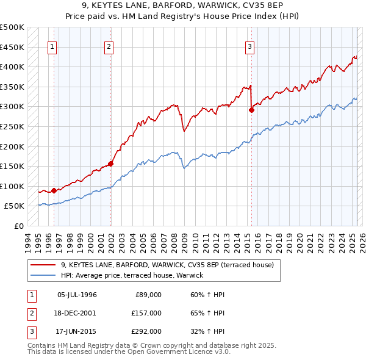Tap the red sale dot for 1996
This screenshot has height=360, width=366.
(54, 191)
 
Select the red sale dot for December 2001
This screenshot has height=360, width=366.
(111, 164)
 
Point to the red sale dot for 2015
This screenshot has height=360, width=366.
(251, 110)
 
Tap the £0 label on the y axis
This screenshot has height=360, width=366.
(18, 226)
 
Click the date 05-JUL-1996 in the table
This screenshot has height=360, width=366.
(77, 295)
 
